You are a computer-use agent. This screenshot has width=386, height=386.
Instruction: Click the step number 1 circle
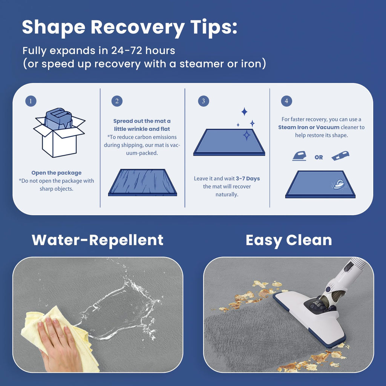tap(31, 101)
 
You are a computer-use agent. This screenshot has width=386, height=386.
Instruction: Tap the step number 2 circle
tap(117, 101)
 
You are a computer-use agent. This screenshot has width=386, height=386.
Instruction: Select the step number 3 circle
tap(203, 101)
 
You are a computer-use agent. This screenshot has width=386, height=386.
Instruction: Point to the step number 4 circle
tap(286, 101)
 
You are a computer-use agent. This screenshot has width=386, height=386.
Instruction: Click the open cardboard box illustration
tap(59, 133)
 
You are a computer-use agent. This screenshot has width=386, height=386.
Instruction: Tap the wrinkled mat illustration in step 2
tap(142, 182)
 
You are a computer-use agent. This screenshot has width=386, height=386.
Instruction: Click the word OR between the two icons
tap(319, 157)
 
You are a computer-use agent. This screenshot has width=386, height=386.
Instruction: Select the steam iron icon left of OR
tap(299, 156)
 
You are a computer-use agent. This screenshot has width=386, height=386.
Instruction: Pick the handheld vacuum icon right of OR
tap(340, 156)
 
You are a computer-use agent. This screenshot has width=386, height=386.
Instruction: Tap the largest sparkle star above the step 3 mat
tap(247, 135)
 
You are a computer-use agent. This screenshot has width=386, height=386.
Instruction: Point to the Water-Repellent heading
tap(98, 240)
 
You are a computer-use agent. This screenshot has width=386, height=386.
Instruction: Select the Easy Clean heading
tap(289, 240)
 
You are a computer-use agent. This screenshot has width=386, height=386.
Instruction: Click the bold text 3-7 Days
tap(248, 178)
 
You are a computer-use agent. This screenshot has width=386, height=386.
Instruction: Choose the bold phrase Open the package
tap(57, 173)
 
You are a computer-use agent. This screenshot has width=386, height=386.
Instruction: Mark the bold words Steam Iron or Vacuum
tap(309, 127)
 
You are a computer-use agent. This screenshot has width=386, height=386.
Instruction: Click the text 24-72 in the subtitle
tap(127, 51)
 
